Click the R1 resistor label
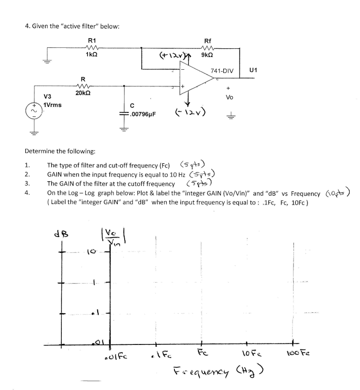[92, 41]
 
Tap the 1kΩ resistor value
[92, 55]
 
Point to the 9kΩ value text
[207, 55]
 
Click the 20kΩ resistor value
[83, 93]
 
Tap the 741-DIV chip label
[222, 71]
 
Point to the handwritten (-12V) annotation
[189, 112]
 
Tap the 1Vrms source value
[53, 105]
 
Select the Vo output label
[229, 97]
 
